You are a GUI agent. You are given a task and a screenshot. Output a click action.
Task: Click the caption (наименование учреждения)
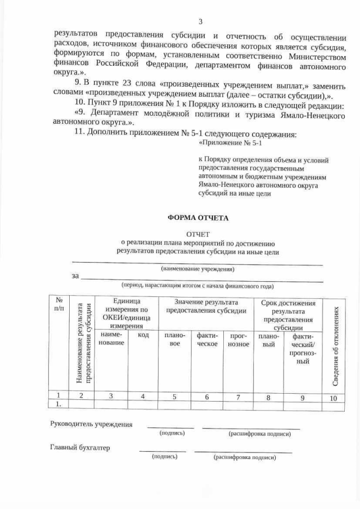(197, 269)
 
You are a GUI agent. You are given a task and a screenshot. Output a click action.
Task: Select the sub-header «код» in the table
(143, 335)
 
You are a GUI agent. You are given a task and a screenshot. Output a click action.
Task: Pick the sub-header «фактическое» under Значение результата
(206, 340)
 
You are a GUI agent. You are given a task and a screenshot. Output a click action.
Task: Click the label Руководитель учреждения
(92, 425)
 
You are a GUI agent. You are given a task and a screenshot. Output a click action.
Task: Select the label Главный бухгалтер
(80, 448)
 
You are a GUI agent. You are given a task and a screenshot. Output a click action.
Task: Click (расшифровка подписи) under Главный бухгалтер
(244, 458)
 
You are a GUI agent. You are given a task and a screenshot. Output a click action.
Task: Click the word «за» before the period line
(75, 276)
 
